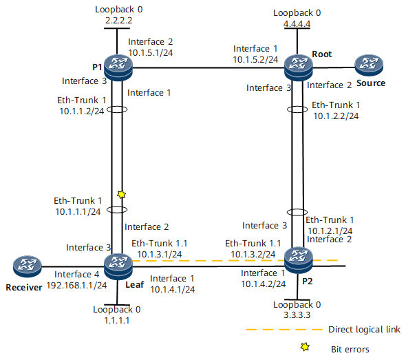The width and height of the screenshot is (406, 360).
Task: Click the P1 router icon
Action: [x=118, y=67]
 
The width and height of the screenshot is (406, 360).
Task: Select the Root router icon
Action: [x=298, y=67]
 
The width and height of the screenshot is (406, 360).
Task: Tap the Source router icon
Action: [x=369, y=65]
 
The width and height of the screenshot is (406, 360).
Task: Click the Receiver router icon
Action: [x=28, y=266]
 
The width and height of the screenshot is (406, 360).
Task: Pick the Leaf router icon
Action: [x=118, y=266]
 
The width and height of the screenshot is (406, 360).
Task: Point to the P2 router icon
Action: [x=298, y=260]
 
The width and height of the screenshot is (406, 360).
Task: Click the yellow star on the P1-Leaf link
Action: [x=121, y=194]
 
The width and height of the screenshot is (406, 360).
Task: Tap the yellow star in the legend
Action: [x=305, y=346]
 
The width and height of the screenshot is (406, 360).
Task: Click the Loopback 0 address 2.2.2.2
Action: [x=118, y=20]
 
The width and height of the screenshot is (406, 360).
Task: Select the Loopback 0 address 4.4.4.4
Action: [x=297, y=24]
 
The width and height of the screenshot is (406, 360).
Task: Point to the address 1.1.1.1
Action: [x=117, y=320]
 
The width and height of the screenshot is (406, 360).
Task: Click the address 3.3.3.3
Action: [x=297, y=315]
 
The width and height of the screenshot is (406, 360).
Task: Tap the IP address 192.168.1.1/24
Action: [x=76, y=285]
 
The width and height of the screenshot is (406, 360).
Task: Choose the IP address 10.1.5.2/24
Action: [x=255, y=60]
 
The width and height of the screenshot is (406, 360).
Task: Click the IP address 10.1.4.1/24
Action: [x=173, y=289]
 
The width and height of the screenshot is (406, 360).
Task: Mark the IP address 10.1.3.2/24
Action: [x=253, y=254]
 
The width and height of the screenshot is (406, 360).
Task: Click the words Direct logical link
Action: [x=364, y=330]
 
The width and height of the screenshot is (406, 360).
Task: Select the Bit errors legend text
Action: [x=350, y=349]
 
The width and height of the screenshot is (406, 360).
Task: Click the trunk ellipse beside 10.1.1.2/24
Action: [x=117, y=109]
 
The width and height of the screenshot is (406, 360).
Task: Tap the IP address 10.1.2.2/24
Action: [x=336, y=116]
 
